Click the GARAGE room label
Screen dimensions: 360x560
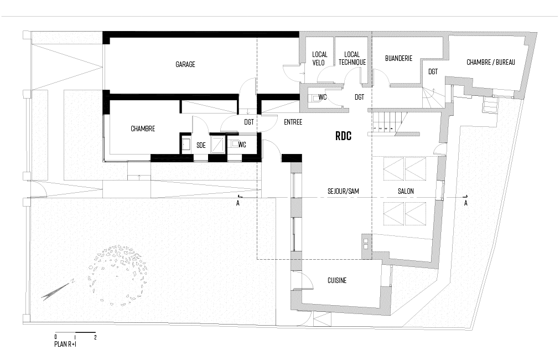tap(185, 65)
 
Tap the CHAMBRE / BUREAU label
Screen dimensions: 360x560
tap(490, 63)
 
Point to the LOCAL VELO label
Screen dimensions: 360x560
tap(319, 59)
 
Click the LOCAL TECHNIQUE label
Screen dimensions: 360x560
tap(352, 59)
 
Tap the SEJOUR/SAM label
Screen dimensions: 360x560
tap(343, 191)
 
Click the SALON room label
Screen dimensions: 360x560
tap(406, 191)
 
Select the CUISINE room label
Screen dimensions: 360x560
tap(337, 281)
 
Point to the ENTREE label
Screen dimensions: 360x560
tap(293, 122)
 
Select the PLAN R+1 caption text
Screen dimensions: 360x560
tap(65, 344)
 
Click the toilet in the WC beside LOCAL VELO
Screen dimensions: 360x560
tap(315, 98)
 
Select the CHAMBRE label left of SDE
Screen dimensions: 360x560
tap(143, 128)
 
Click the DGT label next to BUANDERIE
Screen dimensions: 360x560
tap(433, 71)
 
